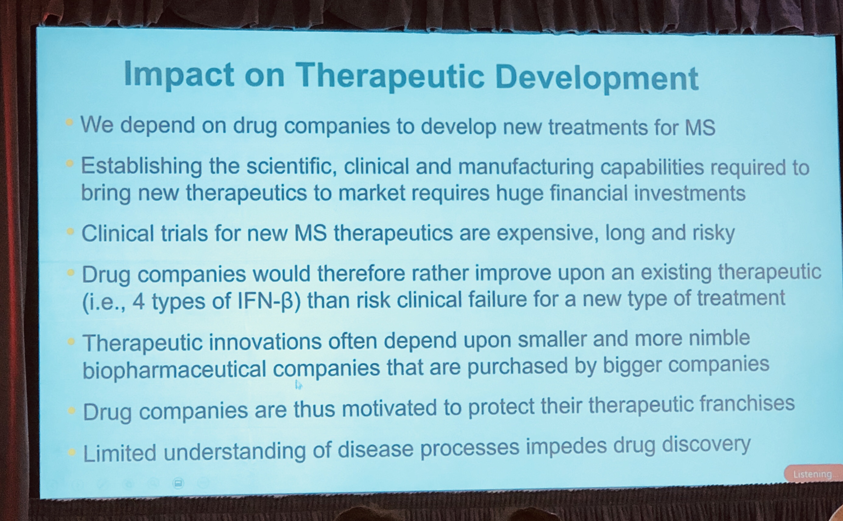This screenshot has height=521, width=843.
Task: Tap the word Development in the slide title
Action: [597, 78]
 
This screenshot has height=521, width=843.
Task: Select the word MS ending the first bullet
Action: [700, 128]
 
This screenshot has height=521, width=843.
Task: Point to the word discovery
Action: [706, 445]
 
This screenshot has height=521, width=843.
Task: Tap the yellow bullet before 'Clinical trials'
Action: [70, 231]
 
